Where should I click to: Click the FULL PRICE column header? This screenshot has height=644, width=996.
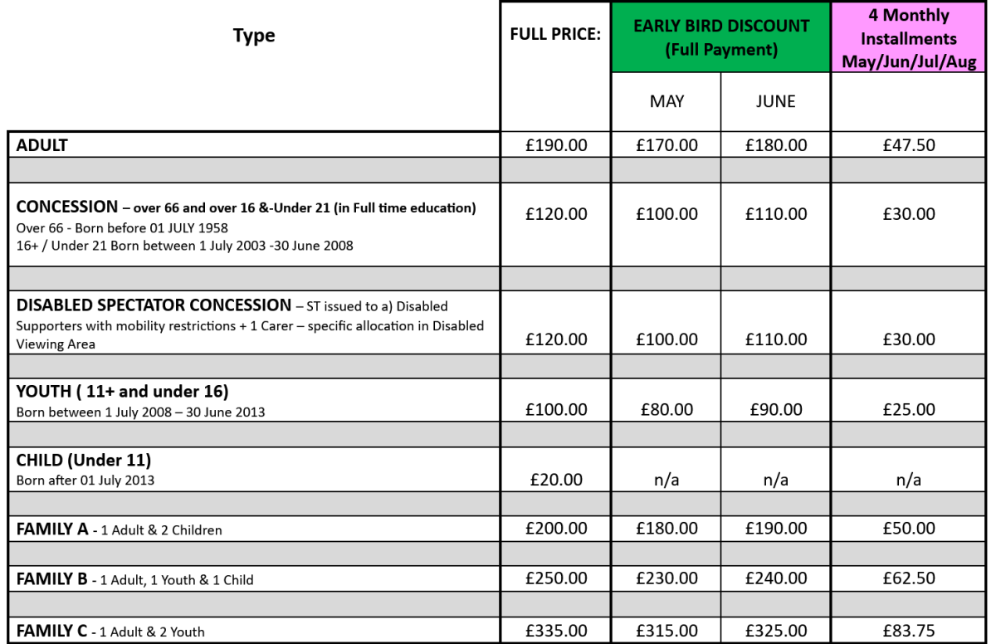(555, 37)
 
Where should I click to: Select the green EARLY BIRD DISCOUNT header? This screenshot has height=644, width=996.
(720, 37)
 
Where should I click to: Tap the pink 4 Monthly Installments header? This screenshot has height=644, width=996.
(909, 38)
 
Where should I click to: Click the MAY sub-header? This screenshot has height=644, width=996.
(666, 101)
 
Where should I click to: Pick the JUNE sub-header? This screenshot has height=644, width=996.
(775, 101)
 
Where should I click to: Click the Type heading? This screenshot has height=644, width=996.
(254, 36)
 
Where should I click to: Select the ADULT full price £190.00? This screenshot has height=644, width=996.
(556, 145)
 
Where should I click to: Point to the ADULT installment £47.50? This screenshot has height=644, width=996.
(909, 145)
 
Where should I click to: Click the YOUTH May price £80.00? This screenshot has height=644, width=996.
(666, 409)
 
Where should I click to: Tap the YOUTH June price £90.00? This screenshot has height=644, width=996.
(775, 409)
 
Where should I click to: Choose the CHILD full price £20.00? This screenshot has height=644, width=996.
(556, 479)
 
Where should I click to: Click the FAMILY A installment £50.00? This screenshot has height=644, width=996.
(909, 529)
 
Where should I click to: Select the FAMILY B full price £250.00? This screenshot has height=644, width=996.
(556, 578)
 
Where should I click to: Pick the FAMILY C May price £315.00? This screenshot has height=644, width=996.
(666, 631)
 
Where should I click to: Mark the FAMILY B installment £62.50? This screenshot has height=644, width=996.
(909, 578)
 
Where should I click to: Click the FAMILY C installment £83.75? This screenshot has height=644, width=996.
(909, 631)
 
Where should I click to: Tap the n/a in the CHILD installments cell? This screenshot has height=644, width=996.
(909, 480)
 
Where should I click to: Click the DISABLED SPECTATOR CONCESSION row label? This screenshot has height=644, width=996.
(154, 305)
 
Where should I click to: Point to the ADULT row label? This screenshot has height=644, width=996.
(42, 145)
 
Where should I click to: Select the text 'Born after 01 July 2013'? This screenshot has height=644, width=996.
(85, 480)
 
